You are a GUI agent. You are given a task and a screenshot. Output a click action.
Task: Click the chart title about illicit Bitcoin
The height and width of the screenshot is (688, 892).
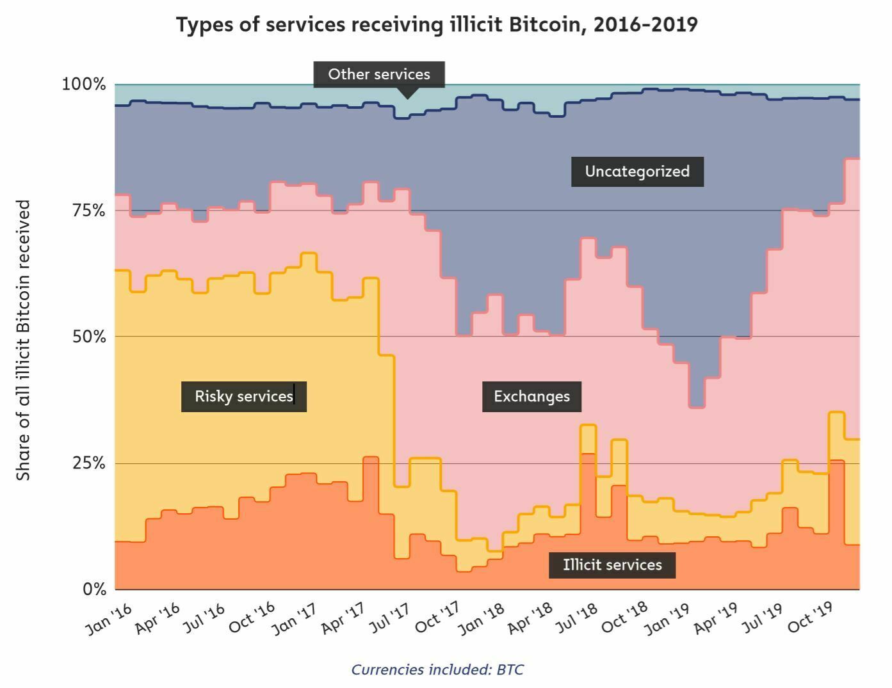click(436, 25)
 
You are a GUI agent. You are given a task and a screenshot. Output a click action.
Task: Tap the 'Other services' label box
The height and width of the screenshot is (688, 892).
click(378, 74)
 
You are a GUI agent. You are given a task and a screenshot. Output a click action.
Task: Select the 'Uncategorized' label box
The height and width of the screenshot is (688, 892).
click(637, 172)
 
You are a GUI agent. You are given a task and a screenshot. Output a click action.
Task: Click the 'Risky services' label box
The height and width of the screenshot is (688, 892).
click(243, 396)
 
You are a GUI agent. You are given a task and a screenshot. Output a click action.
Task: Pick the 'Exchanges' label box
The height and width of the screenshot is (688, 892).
click(531, 396)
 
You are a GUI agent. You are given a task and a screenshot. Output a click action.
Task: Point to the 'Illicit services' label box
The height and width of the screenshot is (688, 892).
click(612, 564)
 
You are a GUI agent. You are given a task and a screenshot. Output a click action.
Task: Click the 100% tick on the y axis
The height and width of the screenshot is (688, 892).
click(83, 84)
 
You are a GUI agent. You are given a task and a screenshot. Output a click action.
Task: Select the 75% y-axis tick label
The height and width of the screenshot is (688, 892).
click(88, 211)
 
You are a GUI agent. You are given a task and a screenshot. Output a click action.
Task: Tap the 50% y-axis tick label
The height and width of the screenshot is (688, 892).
click(88, 337)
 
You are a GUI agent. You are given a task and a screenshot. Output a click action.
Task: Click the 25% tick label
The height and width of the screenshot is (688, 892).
click(88, 463)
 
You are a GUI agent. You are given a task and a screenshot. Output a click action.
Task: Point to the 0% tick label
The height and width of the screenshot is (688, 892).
click(93, 589)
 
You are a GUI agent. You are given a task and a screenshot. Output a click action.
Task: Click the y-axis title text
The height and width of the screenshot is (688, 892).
click(23, 340)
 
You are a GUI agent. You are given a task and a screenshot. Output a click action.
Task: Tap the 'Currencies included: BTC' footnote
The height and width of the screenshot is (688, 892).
click(437, 669)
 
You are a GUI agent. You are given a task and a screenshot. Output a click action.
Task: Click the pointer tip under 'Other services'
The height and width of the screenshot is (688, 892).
click(406, 97)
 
